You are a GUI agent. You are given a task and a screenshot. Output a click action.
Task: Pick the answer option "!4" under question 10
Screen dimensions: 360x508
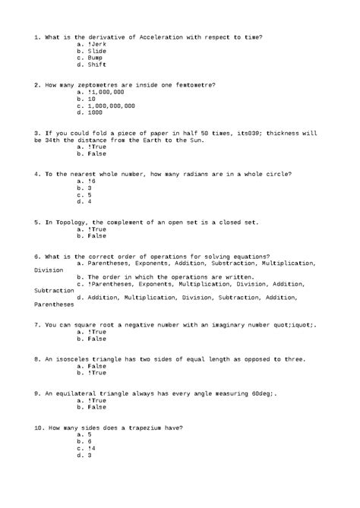click(x=92, y=448)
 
